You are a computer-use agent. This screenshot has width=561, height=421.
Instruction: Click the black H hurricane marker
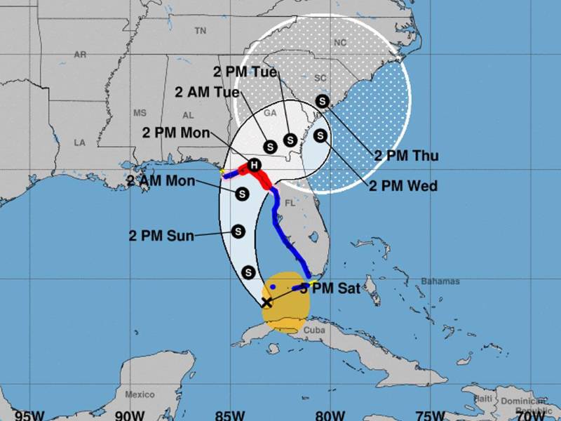[255, 164]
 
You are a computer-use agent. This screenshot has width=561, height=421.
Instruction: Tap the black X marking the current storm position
[266, 302]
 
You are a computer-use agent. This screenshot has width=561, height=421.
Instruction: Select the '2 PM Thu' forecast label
[406, 156]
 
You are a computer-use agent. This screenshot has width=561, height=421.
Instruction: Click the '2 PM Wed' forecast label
[403, 186]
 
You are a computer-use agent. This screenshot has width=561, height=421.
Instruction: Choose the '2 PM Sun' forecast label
[162, 235]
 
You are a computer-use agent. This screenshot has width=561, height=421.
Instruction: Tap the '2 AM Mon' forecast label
[162, 180]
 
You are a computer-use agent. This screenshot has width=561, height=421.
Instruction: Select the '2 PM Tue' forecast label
[246, 71]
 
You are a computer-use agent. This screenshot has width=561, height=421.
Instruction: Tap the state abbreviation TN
[201, 31]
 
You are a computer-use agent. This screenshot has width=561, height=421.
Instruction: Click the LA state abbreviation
[79, 142]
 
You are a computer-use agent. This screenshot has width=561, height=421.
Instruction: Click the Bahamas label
[440, 281]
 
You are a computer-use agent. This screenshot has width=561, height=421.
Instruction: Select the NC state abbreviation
[340, 42]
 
